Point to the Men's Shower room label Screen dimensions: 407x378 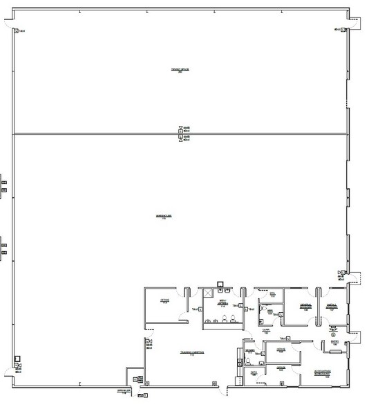click(x=223, y=302)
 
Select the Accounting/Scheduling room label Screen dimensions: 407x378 click(x=323, y=376)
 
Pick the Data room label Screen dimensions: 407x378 click(x=254, y=373)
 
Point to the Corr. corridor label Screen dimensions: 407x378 click(x=266, y=331)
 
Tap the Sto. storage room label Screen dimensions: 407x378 click(x=273, y=294)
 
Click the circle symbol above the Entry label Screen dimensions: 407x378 click(x=333, y=336)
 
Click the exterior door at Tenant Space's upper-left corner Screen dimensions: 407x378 click(x=12, y=25)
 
